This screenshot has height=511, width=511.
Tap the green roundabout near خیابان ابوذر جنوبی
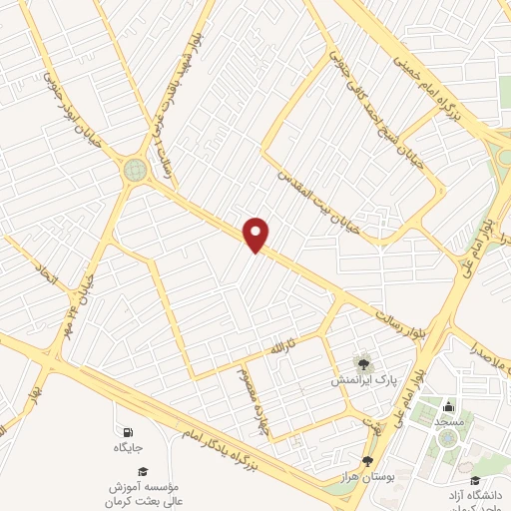point(135,170)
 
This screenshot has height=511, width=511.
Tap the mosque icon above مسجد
point(448,406)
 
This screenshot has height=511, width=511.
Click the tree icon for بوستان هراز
point(368,460)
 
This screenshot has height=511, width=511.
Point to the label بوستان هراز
point(370,479)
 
